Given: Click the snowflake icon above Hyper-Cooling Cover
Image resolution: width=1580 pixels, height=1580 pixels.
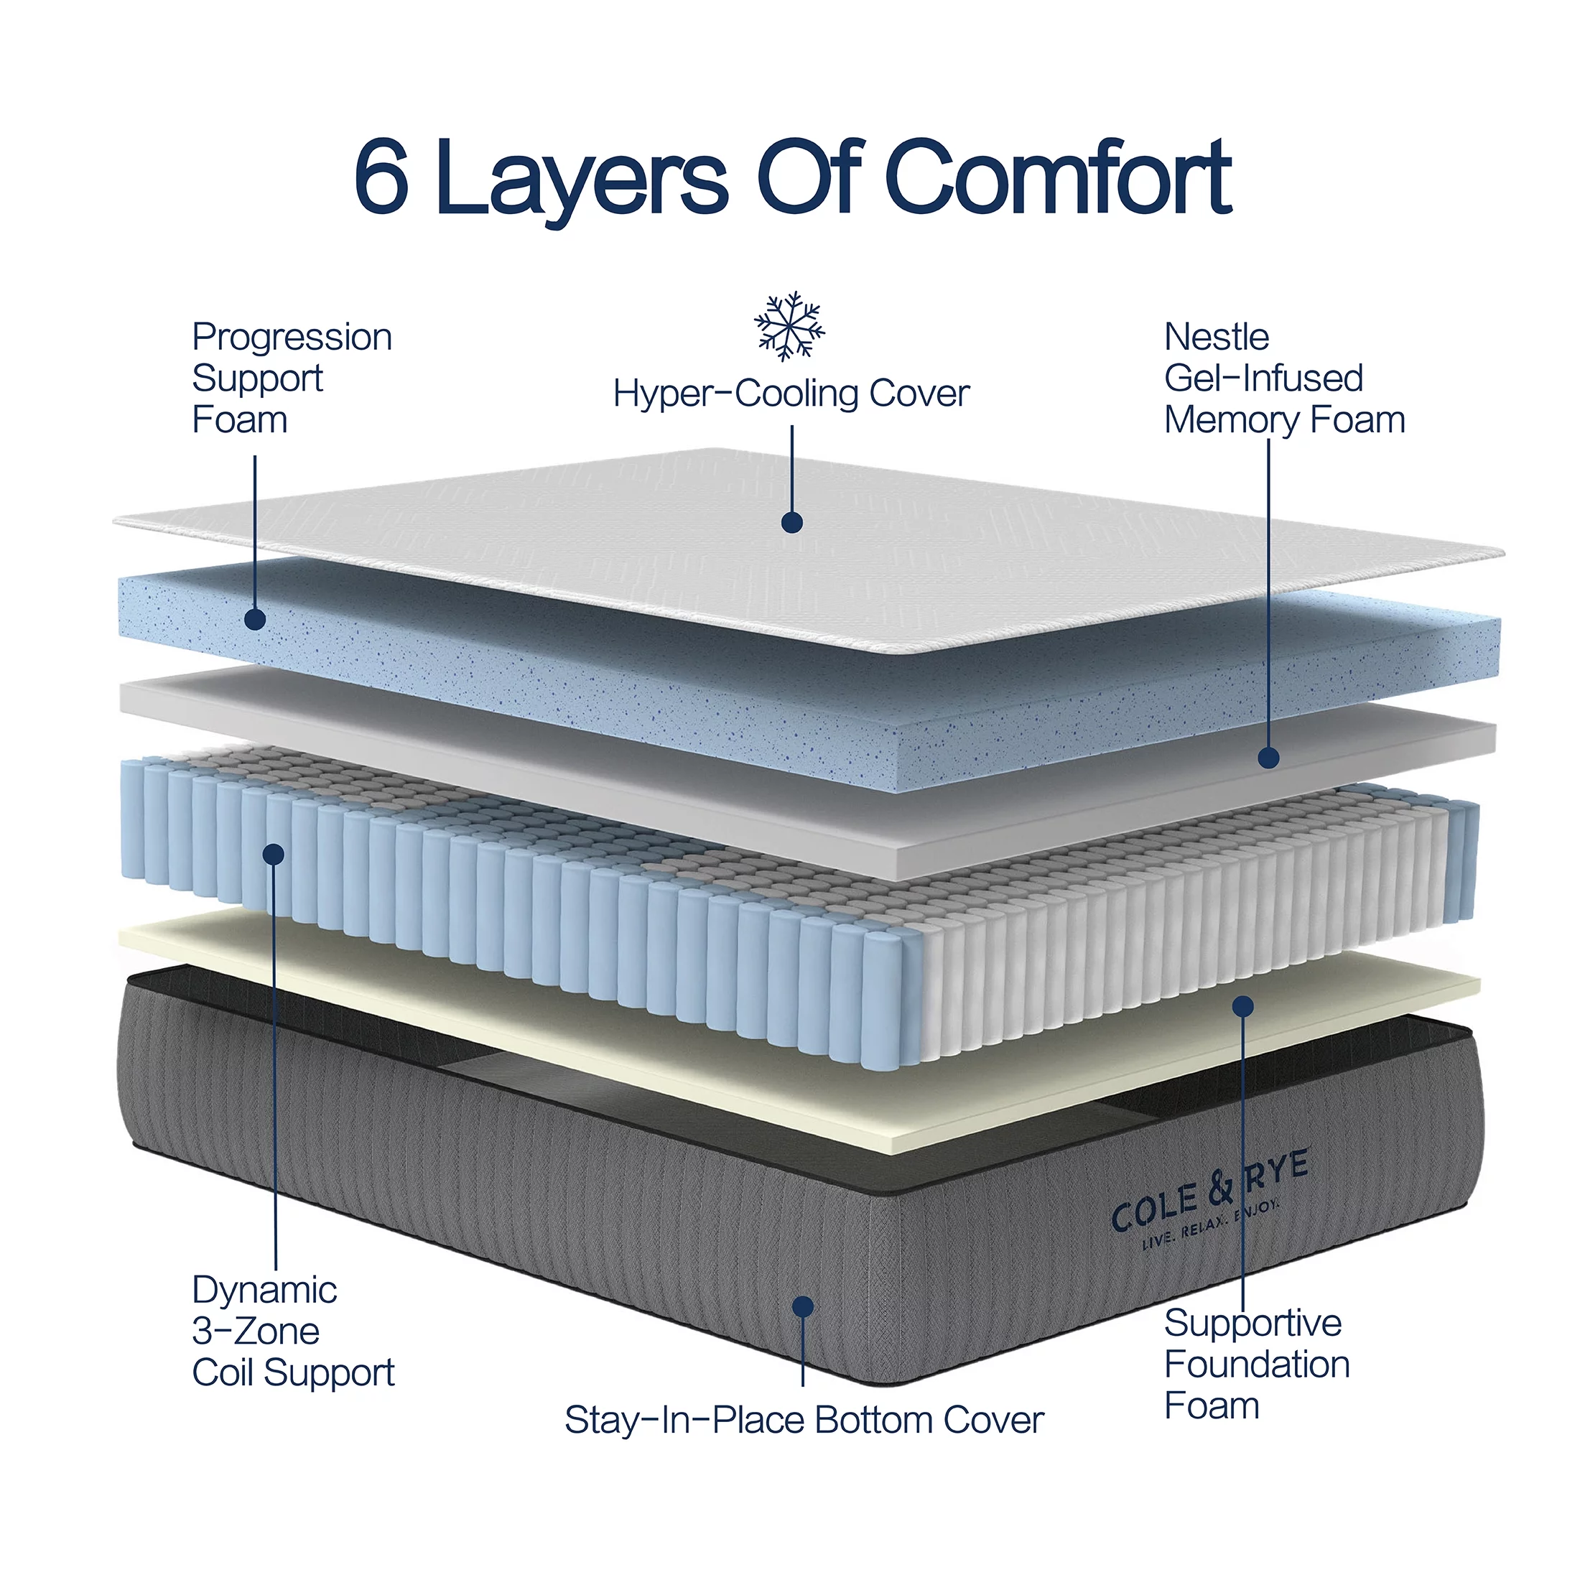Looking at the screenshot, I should coord(789,325).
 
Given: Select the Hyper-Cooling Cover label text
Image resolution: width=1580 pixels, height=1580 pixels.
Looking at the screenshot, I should coord(791,394).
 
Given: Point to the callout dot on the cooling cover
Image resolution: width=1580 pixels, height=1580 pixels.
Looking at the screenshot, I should coord(791,523).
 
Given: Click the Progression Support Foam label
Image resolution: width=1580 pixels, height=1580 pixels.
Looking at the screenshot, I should coord(291,378).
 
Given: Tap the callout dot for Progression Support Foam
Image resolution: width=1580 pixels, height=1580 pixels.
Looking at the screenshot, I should coord(255,619).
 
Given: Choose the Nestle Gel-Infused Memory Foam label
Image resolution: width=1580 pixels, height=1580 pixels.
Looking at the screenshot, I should coord(1284,378).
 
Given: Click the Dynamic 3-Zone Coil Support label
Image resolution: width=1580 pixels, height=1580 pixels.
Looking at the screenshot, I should coord(292,1331).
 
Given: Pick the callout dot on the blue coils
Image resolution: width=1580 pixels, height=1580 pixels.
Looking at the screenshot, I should coord(274,855).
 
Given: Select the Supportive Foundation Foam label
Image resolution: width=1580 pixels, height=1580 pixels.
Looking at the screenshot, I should coord(1256,1363).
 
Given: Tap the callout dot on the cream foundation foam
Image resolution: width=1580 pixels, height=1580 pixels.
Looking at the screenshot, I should coord(1243,1006).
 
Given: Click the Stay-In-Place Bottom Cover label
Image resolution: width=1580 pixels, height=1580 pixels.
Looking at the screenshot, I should coord(804,1420).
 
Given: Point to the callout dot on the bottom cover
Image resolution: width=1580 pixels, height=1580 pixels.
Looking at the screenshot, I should coord(803,1307).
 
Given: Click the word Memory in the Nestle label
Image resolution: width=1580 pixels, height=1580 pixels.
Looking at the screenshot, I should coord(1231,420).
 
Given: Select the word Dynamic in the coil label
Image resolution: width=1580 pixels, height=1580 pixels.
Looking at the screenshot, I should coord(264,1291).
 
